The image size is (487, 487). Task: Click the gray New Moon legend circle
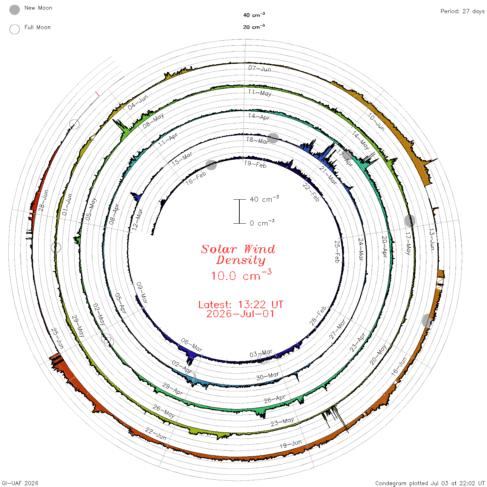pos(15,10)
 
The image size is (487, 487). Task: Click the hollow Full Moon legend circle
pos(15,29)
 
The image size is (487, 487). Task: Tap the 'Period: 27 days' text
pos(462,11)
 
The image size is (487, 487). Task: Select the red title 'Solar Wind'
pos(238,249)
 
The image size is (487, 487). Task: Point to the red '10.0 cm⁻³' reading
pos(241,275)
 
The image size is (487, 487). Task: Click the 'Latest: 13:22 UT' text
pos(241,304)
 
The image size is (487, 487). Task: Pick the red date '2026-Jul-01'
pos(240,314)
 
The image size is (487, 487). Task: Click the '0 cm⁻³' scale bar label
pos(262,223)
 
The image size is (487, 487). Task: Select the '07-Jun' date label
pos(260,69)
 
